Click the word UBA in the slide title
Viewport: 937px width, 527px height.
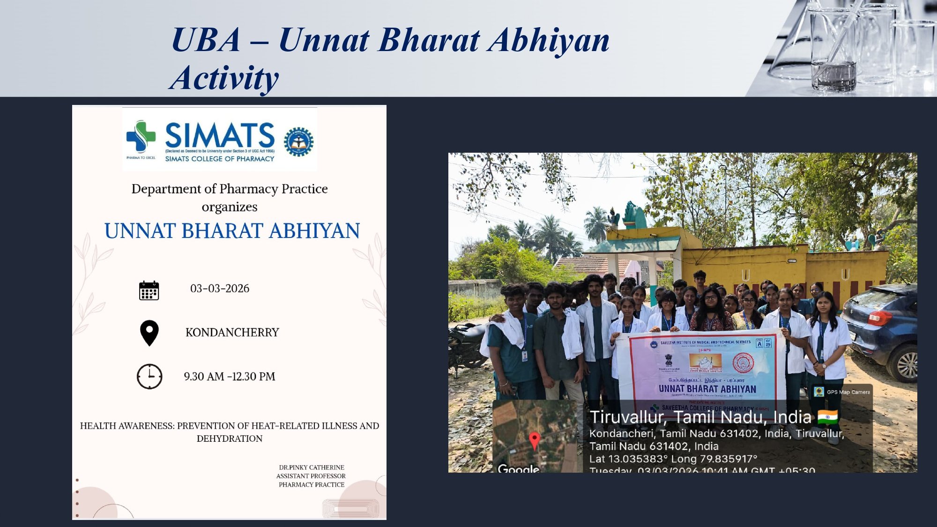coord(206,40)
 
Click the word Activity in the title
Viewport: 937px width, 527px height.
coord(224,78)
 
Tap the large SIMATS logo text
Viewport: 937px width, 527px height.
coord(219,135)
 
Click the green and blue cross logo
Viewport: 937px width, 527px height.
coord(141,136)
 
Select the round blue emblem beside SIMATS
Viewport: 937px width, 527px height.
coord(298,141)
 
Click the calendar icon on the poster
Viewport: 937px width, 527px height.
coord(149,290)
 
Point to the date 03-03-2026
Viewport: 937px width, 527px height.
coord(220,289)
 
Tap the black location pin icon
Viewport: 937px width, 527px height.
coord(149,332)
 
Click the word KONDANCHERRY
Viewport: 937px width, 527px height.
coord(232,333)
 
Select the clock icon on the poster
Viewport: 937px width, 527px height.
coord(149,376)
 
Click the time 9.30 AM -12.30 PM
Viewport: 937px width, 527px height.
coord(230,377)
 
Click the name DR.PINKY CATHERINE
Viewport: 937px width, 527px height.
coord(312,468)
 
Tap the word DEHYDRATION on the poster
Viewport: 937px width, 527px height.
coord(230,439)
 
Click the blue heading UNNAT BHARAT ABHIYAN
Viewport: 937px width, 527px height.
coord(232,231)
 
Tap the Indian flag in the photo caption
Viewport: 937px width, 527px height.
coord(828,417)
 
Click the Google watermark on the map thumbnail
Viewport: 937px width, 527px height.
coord(518,468)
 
